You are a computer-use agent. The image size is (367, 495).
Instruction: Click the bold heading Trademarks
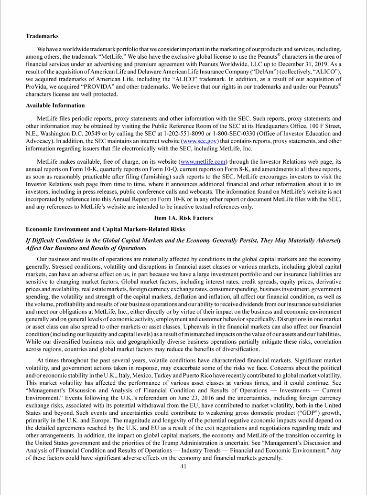point(43,36)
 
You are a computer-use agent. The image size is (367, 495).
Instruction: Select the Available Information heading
point(55,105)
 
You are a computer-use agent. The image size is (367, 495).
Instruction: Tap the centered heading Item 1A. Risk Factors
point(183,218)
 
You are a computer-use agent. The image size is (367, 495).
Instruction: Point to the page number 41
point(183,466)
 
